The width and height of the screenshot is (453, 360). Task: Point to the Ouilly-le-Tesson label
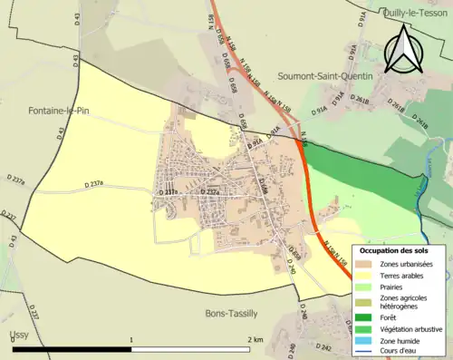pyautogui.click(x=414, y=12)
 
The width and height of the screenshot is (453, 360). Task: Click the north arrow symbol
pyautogui.click(x=405, y=47)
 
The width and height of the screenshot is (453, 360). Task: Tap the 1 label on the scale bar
pyautogui.click(x=132, y=339)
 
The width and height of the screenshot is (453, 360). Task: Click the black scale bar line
pyautogui.click(x=132, y=349)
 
